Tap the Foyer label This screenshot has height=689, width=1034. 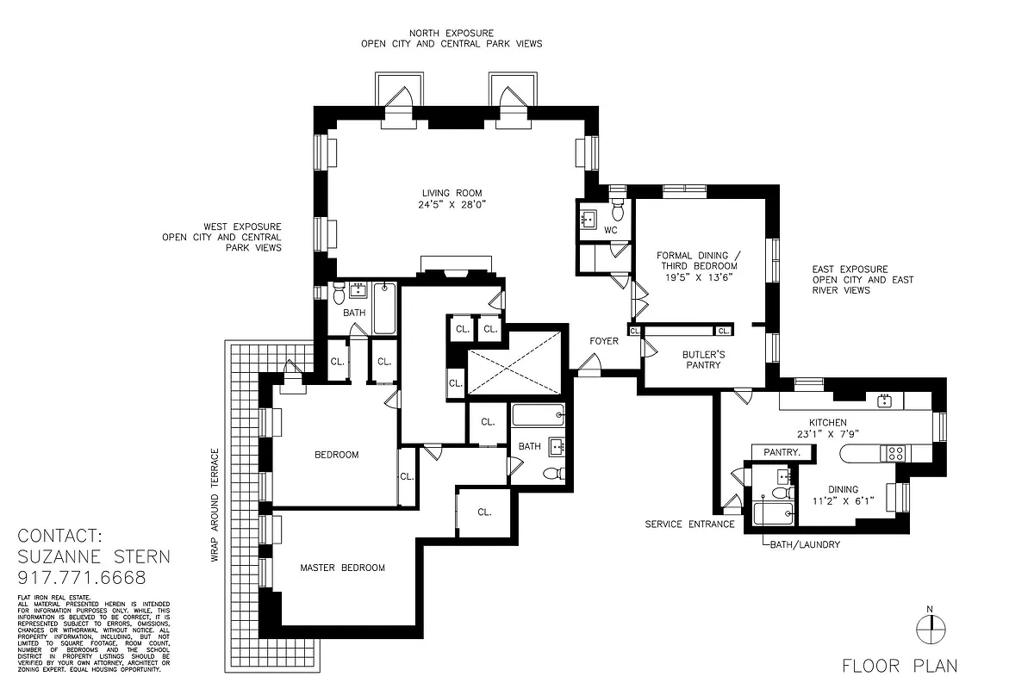click(x=604, y=341)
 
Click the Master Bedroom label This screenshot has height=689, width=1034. click(x=342, y=568)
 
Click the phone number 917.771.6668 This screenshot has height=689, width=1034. click(x=82, y=578)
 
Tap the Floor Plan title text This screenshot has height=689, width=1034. click(x=900, y=665)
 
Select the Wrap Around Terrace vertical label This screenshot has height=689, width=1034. click(x=215, y=505)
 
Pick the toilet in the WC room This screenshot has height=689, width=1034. click(x=618, y=210)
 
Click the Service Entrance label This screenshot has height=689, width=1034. click(x=689, y=524)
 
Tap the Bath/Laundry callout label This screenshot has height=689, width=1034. click(x=803, y=544)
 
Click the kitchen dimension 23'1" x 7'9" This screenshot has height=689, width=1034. click(x=827, y=434)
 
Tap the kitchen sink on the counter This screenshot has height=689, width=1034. click(x=883, y=400)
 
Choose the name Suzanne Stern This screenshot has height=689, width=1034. click(x=94, y=556)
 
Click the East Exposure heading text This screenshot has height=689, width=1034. click(x=850, y=270)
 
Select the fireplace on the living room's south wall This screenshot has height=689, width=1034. click(x=454, y=268)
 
